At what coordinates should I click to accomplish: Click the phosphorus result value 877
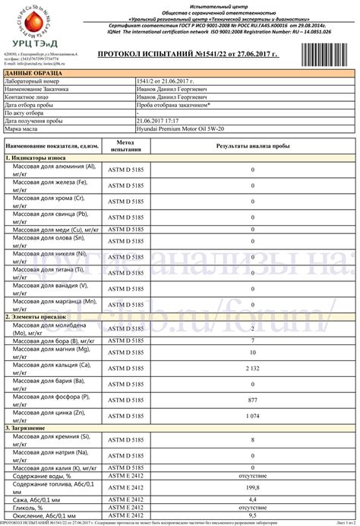click(252, 400)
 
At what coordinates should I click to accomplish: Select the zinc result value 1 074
click(252, 417)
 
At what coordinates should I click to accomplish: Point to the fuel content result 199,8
click(252, 486)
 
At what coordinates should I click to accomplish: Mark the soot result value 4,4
click(252, 498)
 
